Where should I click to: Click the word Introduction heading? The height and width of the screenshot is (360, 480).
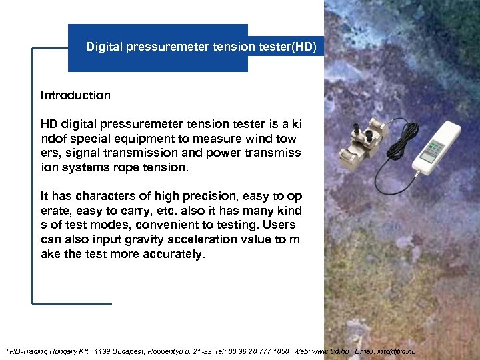(75, 95)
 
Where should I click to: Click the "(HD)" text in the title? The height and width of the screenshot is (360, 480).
(312, 47)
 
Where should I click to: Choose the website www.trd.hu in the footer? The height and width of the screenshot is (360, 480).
(331, 351)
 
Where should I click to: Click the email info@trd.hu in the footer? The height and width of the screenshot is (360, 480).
(398, 351)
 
